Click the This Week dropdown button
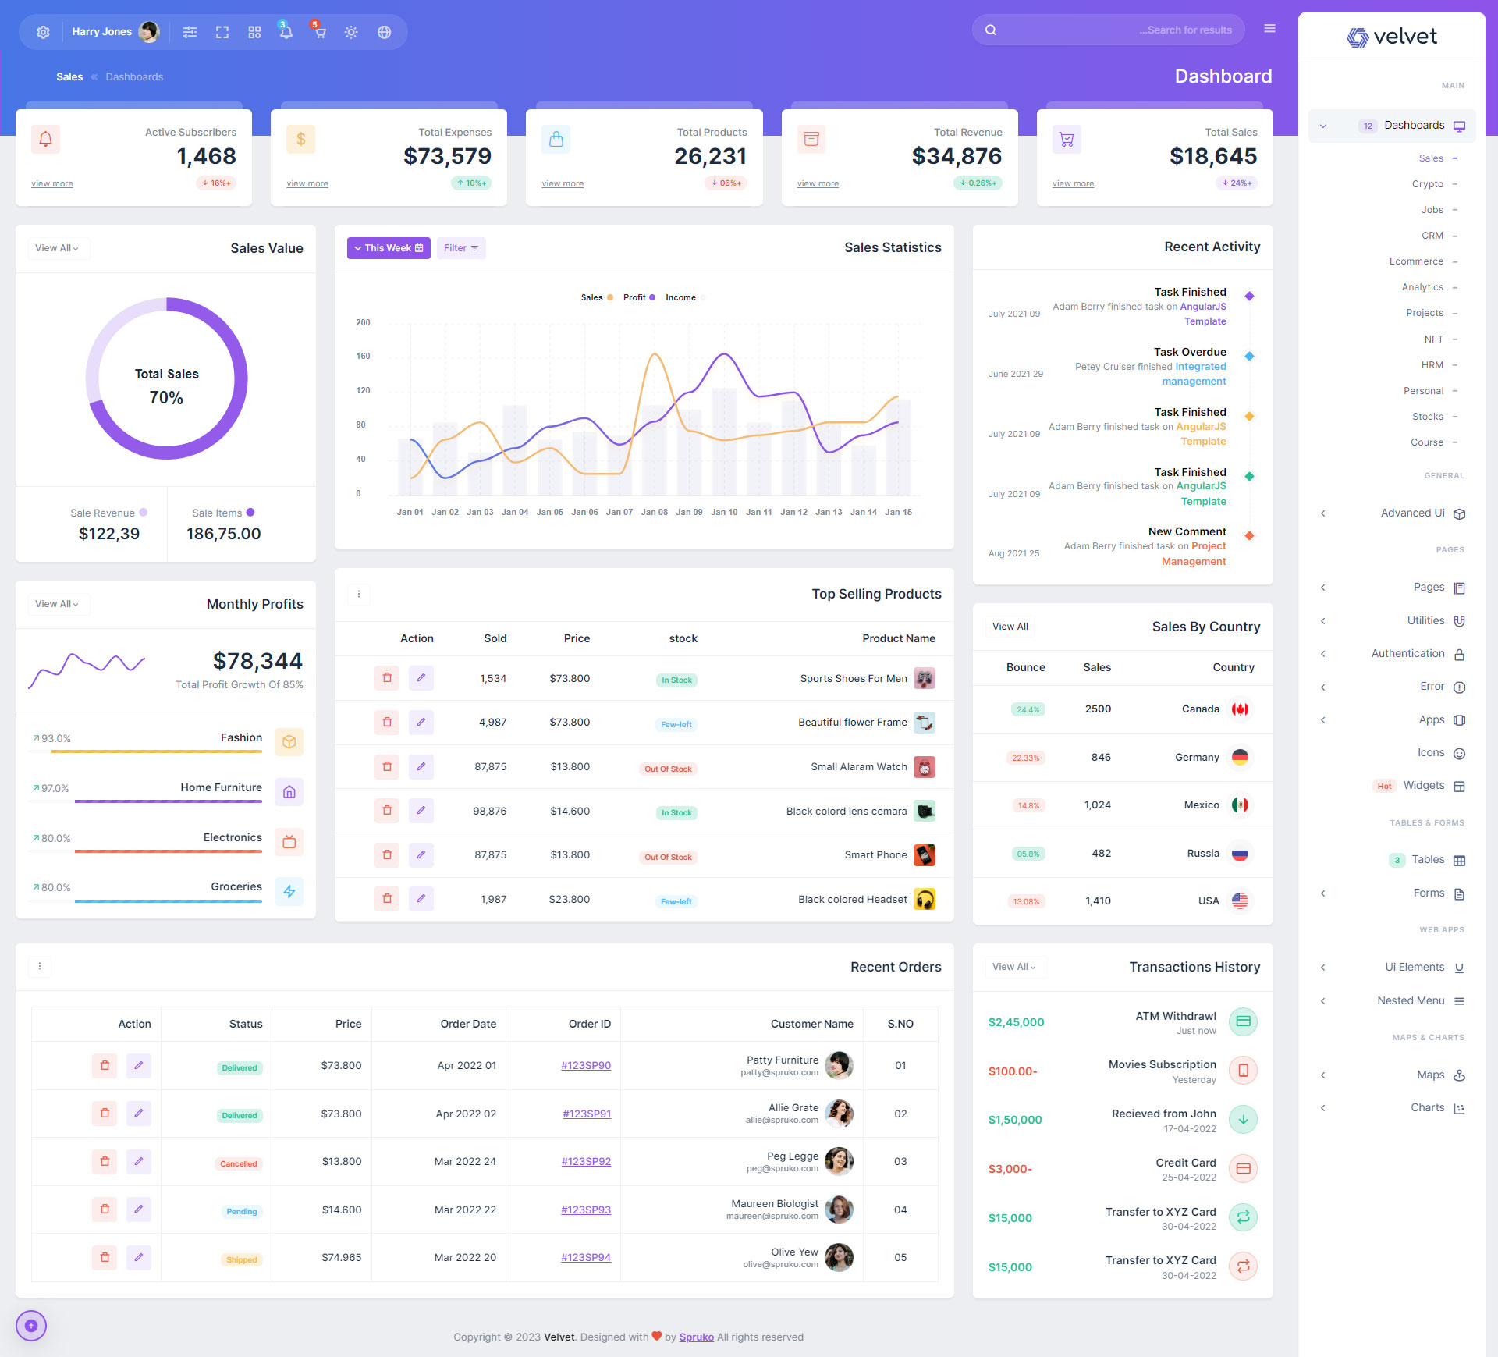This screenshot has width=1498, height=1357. pos(388,248)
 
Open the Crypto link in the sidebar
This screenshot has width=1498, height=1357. pos(1427,184)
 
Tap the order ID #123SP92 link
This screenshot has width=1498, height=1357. pos(586,1161)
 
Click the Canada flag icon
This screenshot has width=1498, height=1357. pos(1240,709)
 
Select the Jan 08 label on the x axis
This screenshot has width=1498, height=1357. pos(654,512)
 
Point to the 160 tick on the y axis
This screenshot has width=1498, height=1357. pos(363,356)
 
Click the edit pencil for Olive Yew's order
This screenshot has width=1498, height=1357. pos(139,1257)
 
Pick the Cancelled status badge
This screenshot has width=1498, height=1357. pos(238,1163)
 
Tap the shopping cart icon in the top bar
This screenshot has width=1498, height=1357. pos(319,32)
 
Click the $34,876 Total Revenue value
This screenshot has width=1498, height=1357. pos(957,156)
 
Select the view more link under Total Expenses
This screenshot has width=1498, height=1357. pos(307,184)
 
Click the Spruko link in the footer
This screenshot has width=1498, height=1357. pos(696,1337)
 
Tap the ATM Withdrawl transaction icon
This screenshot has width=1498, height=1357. pos(1243,1021)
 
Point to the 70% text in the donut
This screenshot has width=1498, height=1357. pos(166,398)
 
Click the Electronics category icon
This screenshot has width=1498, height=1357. pos(289,842)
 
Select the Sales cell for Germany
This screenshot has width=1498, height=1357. pos(1101,757)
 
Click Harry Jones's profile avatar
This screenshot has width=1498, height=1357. pos(148,32)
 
